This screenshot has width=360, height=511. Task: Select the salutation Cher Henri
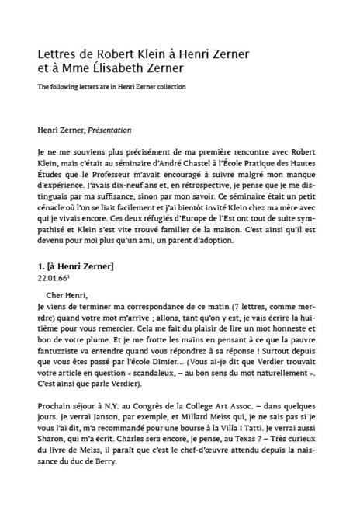coord(73,296)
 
